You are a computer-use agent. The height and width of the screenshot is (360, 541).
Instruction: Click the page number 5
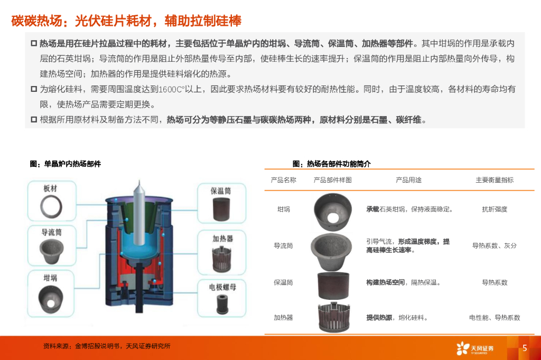click(x=525, y=348)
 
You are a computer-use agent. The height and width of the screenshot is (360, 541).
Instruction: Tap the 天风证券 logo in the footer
click(x=475, y=348)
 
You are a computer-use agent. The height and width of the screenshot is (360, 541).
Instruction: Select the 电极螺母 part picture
click(x=222, y=304)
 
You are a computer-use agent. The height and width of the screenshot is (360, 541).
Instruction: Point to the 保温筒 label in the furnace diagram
click(x=220, y=191)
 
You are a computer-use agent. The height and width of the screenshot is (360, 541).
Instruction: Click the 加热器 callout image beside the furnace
click(x=221, y=259)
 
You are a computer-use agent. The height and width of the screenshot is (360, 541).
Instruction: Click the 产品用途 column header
click(x=408, y=180)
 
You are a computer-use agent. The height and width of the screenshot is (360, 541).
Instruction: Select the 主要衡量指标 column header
click(x=495, y=180)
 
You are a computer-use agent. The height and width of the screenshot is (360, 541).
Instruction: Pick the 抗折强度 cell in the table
click(x=495, y=210)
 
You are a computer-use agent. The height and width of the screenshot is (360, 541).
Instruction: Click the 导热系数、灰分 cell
click(x=495, y=246)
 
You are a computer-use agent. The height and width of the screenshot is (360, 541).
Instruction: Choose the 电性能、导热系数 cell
click(x=495, y=318)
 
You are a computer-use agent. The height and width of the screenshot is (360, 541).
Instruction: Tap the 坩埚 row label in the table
click(x=284, y=210)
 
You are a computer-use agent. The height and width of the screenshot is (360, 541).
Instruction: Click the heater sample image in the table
click(x=334, y=317)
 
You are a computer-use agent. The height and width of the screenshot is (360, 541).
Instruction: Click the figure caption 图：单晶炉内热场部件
click(x=65, y=164)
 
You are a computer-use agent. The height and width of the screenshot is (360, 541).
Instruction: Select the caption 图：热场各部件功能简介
click(x=332, y=164)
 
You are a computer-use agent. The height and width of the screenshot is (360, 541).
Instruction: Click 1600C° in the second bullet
click(x=172, y=90)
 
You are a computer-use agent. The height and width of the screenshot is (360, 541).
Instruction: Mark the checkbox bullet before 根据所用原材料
click(x=34, y=120)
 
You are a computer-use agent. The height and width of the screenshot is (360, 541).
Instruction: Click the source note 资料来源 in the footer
click(x=107, y=346)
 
